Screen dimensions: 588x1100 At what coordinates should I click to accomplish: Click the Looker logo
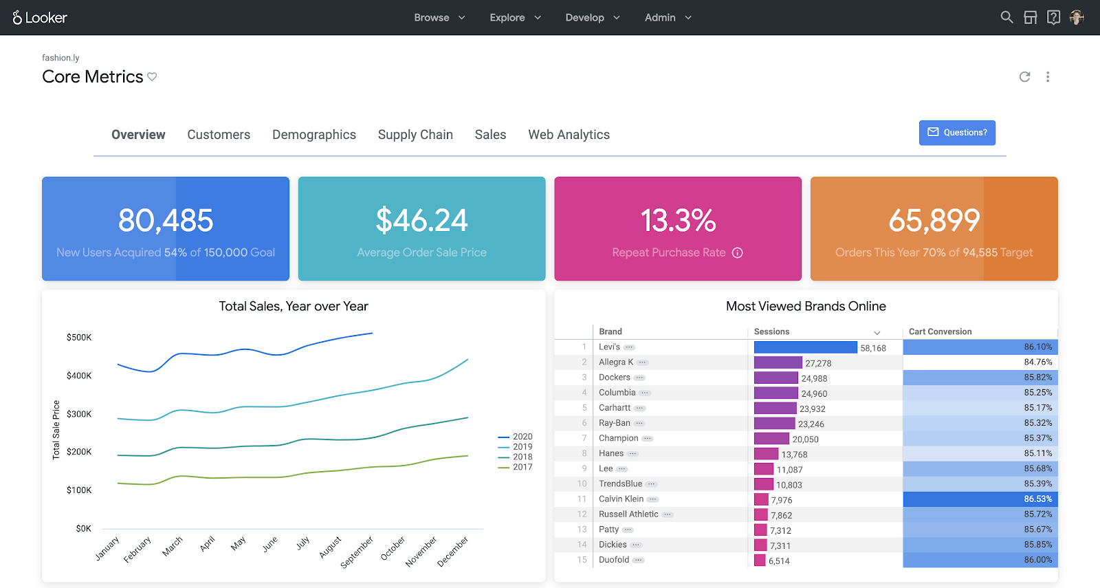tap(40, 18)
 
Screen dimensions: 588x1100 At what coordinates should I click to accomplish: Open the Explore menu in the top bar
tap(515, 18)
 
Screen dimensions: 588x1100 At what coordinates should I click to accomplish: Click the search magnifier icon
tap(1006, 17)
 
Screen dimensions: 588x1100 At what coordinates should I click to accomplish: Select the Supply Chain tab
tap(415, 135)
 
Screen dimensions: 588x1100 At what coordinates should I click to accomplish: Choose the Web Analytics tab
tap(569, 135)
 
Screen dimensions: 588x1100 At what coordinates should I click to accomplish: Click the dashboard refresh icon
tap(1024, 77)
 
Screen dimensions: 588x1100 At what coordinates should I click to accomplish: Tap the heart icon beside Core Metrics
tap(152, 77)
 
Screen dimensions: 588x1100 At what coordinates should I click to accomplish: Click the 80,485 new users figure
tap(166, 221)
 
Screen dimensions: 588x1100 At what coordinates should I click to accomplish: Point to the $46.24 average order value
tap(421, 221)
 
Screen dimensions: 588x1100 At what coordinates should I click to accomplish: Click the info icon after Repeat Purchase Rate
tap(738, 253)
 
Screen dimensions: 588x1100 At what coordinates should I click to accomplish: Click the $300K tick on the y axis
tap(79, 414)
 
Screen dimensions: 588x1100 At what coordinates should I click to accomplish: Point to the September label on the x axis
tap(357, 552)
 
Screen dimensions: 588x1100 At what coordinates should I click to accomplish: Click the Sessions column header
tap(771, 331)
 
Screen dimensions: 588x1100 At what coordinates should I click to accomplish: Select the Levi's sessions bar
tap(805, 347)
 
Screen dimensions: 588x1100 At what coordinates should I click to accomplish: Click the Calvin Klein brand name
tap(621, 499)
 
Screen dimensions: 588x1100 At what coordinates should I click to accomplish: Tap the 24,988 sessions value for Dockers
tap(814, 378)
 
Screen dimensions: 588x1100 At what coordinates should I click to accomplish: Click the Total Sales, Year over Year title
tap(294, 307)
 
